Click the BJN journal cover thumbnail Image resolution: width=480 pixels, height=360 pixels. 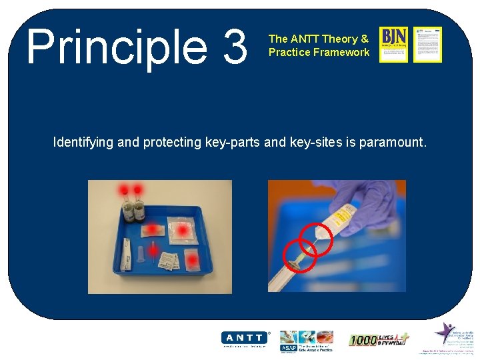[393, 45]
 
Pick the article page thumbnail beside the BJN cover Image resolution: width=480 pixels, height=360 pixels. [427, 45]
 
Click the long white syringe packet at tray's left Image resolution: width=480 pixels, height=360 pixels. [127, 257]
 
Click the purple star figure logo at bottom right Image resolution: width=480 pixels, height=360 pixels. [445, 333]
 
